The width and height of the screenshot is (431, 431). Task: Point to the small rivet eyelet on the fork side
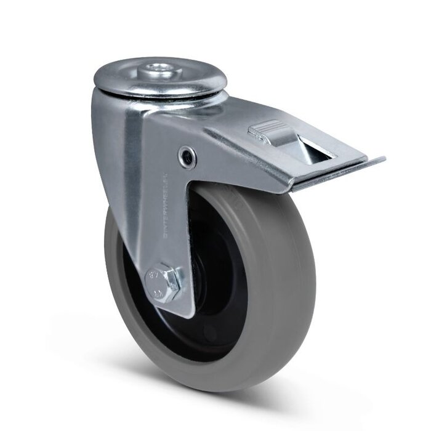[185, 156]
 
